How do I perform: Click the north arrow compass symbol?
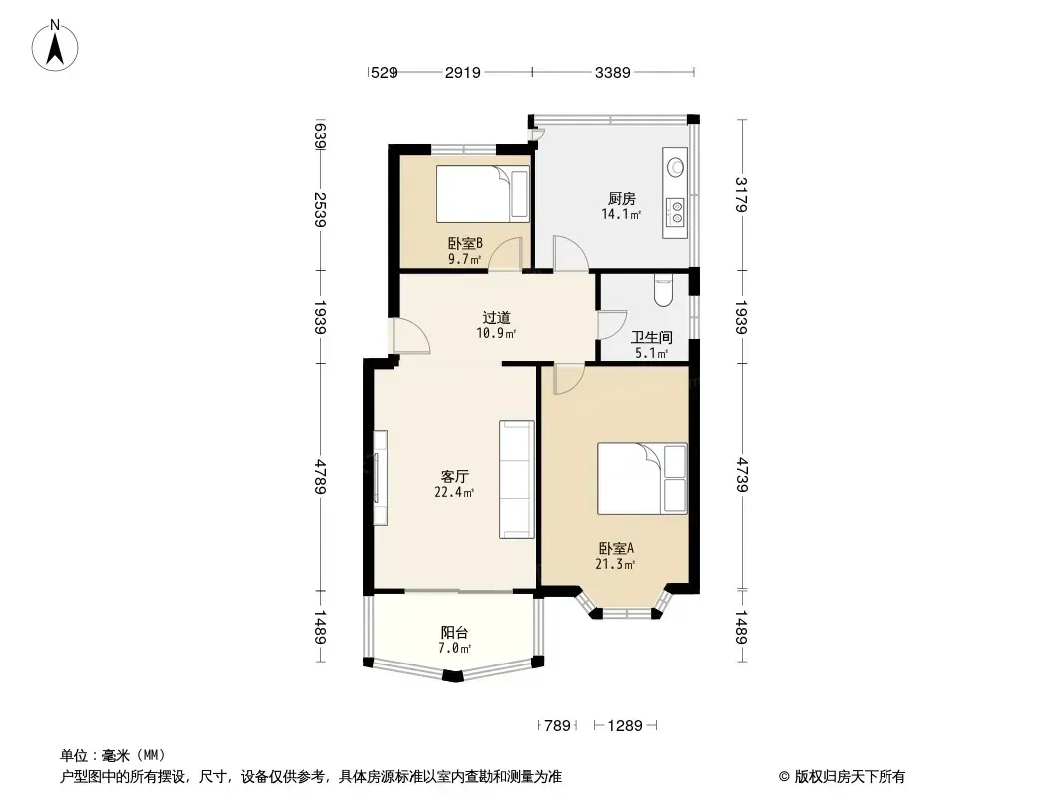(x=55, y=46)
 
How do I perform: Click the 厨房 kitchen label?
(x=621, y=199)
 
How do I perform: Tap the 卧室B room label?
(x=465, y=243)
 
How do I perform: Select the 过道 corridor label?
(x=497, y=317)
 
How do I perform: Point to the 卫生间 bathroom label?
(x=651, y=337)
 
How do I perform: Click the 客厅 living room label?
(x=454, y=477)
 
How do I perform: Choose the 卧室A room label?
(x=615, y=548)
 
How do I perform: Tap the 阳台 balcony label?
(x=454, y=633)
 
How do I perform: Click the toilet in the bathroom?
(x=663, y=290)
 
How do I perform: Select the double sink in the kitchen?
(x=675, y=212)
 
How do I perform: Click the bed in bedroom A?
(x=642, y=479)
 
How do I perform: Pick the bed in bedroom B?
(x=482, y=194)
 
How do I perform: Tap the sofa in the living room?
(x=517, y=479)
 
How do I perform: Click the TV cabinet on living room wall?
(x=380, y=479)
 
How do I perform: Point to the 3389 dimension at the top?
(x=613, y=72)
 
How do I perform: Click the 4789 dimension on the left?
(x=321, y=477)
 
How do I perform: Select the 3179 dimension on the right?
(x=741, y=195)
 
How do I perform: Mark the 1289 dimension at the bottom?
(x=625, y=726)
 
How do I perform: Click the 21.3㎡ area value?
(x=615, y=564)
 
